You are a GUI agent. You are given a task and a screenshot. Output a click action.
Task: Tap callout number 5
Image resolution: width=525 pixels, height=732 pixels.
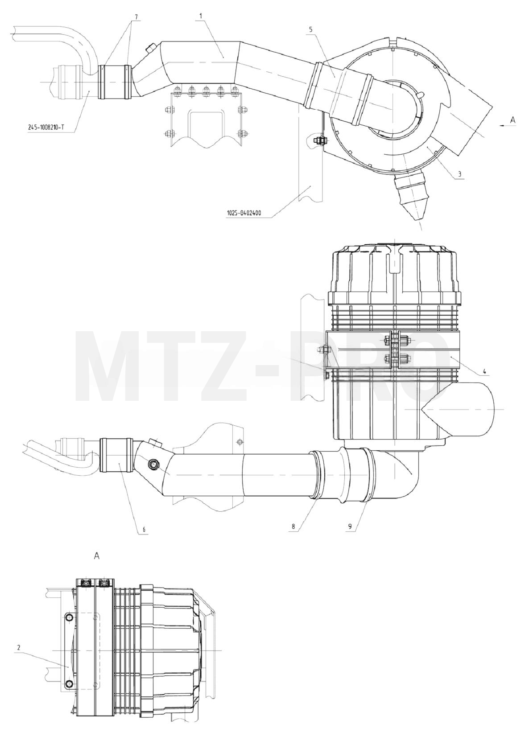coord(310,29)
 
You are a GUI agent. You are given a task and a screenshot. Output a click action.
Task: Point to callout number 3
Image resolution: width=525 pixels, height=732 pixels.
coord(459,174)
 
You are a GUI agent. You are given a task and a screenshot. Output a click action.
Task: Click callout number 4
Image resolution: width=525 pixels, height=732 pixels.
coord(484,371)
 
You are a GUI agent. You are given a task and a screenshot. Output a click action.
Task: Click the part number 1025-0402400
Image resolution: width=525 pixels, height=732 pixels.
coord(244,214)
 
